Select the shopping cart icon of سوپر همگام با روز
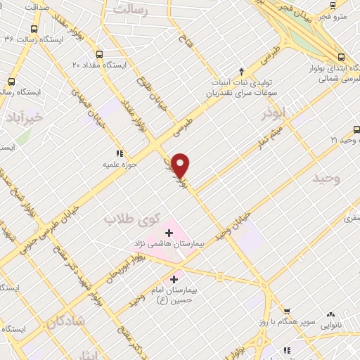[x=286, y=311]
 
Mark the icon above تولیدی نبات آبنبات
[x=242, y=71]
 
